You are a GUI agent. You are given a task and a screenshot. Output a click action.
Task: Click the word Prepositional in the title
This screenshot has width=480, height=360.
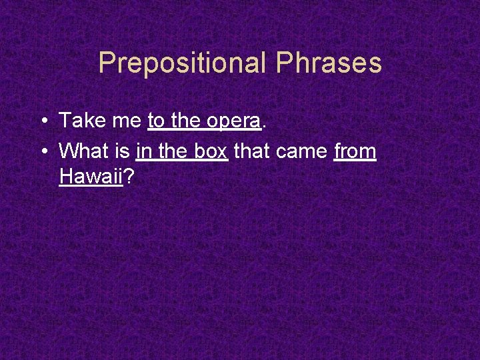182,63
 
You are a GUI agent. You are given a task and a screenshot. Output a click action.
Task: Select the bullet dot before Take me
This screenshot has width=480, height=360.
42,121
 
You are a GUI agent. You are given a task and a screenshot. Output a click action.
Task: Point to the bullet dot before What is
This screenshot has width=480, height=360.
42,152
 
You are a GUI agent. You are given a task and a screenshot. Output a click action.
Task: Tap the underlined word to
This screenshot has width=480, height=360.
157,121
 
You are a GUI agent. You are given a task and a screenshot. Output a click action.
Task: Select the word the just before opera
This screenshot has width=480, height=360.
187,121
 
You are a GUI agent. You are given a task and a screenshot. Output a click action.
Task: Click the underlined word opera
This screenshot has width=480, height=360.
233,122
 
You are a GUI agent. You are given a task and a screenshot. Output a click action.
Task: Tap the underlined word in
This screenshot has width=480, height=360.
143,151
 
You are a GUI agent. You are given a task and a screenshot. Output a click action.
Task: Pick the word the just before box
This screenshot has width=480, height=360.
172,151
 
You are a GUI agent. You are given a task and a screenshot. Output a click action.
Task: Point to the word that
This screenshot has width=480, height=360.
252,151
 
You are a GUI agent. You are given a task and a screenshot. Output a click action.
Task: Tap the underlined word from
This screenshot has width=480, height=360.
355,151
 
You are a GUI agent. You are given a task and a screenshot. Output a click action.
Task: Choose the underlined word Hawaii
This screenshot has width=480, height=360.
91,177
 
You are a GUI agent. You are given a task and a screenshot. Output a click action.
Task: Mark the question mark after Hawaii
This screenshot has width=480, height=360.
130,177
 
